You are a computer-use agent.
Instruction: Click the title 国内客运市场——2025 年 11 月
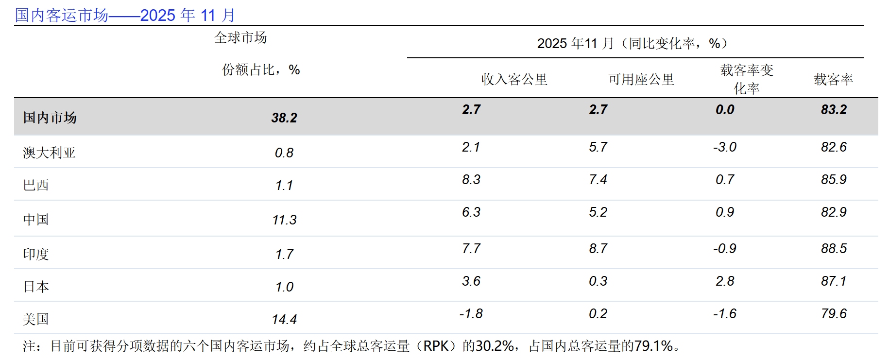click(125, 15)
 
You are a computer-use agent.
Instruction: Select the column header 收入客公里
click(514, 79)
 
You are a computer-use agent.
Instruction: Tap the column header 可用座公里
click(641, 79)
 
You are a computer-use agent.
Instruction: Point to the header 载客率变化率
click(747, 79)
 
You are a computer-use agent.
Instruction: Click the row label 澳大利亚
click(49, 153)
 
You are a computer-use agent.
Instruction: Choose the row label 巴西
click(36, 185)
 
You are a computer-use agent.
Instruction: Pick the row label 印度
click(36, 254)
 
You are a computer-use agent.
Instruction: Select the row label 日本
click(36, 287)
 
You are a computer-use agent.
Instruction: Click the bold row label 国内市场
click(50, 118)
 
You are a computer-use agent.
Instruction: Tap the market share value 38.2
click(284, 118)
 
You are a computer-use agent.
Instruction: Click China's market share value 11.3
click(284, 220)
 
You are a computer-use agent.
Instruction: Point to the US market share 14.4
click(284, 319)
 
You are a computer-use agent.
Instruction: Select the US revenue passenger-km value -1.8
click(471, 314)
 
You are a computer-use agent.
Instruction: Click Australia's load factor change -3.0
click(724, 147)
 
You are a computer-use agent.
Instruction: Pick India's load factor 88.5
click(834, 249)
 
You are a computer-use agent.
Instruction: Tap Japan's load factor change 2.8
click(724, 281)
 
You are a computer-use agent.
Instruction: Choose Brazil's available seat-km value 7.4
click(598, 180)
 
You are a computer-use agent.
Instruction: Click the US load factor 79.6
click(834, 314)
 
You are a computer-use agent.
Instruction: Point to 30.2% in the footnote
click(495, 346)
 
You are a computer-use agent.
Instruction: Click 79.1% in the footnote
click(653, 346)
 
